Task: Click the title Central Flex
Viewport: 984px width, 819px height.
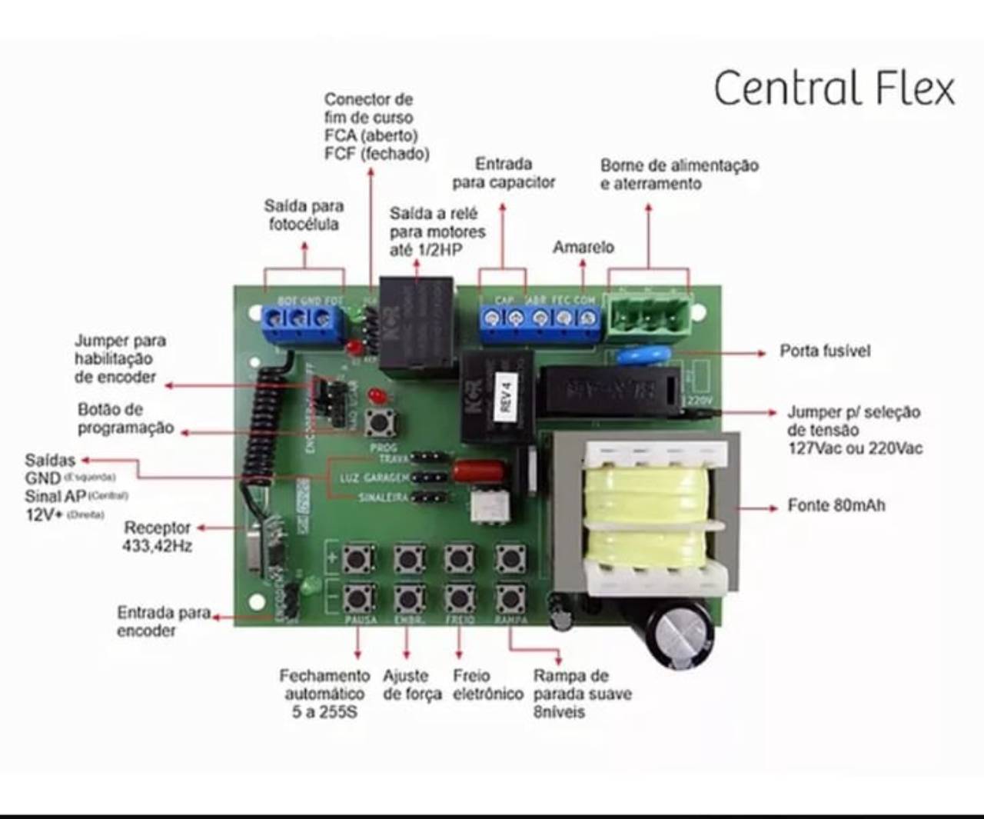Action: coord(834,88)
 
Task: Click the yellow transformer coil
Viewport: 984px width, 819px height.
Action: coord(646,511)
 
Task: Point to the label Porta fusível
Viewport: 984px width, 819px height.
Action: coord(825,351)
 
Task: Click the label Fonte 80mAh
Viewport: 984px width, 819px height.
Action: coord(836,506)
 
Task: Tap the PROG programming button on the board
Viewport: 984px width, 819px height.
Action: coord(378,422)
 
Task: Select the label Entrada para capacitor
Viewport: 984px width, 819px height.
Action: coord(504,173)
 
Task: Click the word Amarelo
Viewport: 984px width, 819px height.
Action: coord(583,247)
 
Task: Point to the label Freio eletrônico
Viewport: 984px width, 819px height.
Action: coord(487,684)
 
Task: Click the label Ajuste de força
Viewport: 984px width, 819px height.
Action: coord(412,684)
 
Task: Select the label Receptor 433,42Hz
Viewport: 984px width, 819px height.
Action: coord(157,536)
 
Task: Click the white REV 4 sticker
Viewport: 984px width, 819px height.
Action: coord(505,395)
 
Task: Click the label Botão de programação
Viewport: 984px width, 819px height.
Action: coord(125,418)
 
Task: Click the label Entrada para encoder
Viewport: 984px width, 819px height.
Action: coord(163,621)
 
